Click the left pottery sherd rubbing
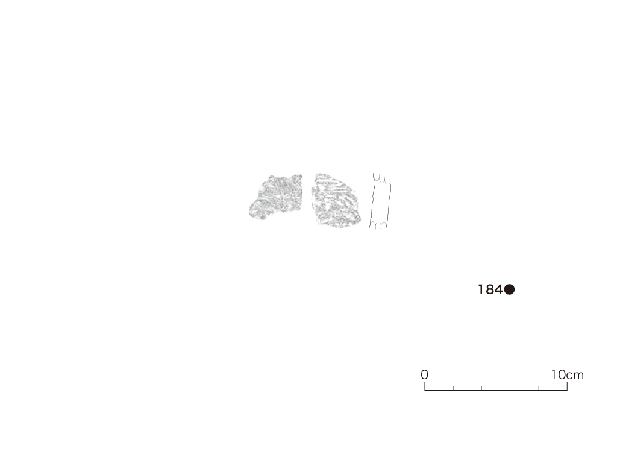[x=277, y=197]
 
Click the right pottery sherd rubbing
[x=336, y=201]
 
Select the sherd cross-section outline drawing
[x=380, y=201]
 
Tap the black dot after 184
[x=509, y=290]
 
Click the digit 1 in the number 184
[x=481, y=290]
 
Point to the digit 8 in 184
[x=488, y=290]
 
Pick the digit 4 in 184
[x=498, y=290]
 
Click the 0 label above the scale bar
[x=424, y=374]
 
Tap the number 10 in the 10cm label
[x=558, y=374]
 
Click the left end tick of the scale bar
[x=425, y=386]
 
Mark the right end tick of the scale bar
[x=567, y=386]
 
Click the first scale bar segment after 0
[x=439, y=388]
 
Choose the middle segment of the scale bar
[x=496, y=388]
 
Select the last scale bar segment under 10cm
[x=553, y=388]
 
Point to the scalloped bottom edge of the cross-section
[x=378, y=225]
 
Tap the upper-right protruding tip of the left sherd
[x=300, y=177]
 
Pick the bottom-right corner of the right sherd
[x=360, y=223]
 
